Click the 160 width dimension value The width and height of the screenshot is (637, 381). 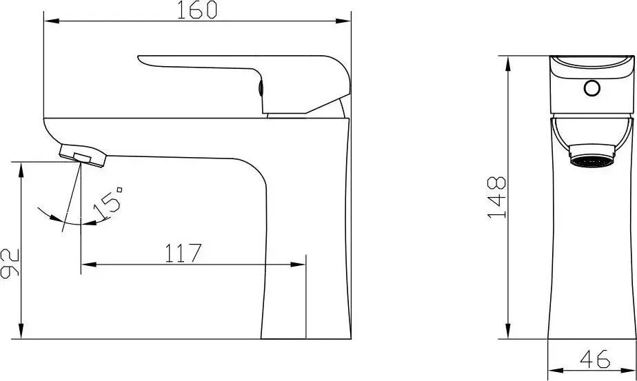[196, 10]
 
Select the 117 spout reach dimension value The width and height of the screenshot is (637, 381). [183, 253]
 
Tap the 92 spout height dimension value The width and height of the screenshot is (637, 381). [10, 262]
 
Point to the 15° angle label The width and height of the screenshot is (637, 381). [108, 203]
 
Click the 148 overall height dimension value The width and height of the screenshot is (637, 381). [496, 198]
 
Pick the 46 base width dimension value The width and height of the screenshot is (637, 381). [595, 358]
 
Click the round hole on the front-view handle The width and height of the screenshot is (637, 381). [592, 87]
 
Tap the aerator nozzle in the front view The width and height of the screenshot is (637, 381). [591, 156]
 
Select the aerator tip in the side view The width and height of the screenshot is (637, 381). [83, 155]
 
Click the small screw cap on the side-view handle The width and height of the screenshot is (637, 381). [261, 87]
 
